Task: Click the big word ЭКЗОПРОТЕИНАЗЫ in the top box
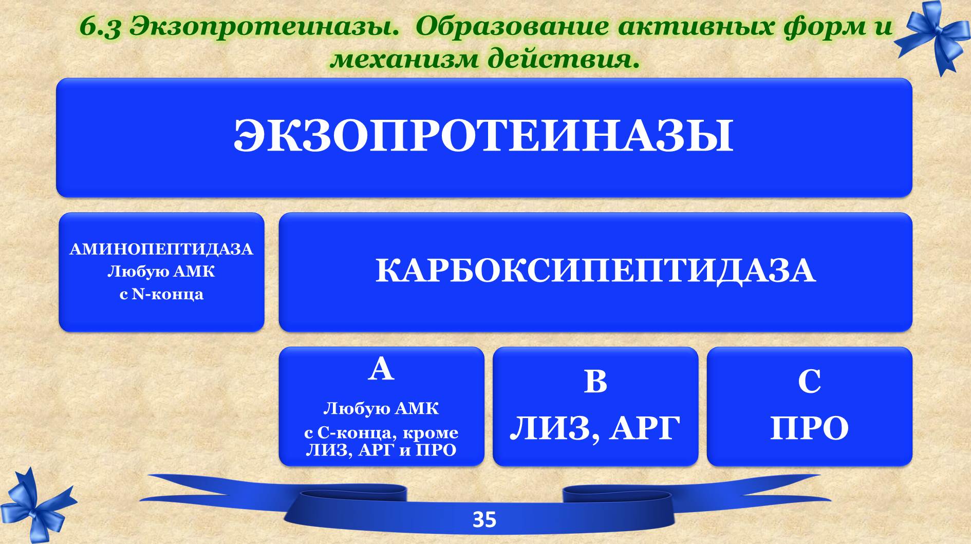pyautogui.click(x=483, y=136)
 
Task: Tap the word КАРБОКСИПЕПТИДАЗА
pyautogui.click(x=595, y=270)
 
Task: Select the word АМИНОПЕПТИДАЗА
pyautogui.click(x=161, y=249)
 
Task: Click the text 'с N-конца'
pyautogui.click(x=161, y=294)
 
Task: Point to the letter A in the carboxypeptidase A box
pyautogui.click(x=381, y=369)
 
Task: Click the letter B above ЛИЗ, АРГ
pyautogui.click(x=595, y=382)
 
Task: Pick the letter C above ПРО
pyautogui.click(x=809, y=382)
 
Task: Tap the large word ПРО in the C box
pyautogui.click(x=809, y=428)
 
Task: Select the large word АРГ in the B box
pyautogui.click(x=645, y=428)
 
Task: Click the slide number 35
pyautogui.click(x=484, y=520)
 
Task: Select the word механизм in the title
pyautogui.click(x=405, y=59)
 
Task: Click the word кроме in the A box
pyautogui.click(x=430, y=433)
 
